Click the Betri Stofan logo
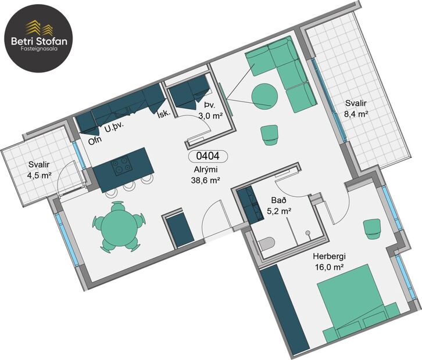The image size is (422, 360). click(x=38, y=37)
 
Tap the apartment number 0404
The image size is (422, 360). click(x=208, y=156)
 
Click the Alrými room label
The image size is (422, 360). click(x=206, y=170)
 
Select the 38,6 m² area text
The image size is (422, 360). click(x=206, y=180)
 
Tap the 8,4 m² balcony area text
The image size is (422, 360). click(x=356, y=114)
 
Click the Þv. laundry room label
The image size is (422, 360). click(x=210, y=106)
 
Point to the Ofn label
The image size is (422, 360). click(x=95, y=140)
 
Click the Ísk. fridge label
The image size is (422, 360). click(x=163, y=114)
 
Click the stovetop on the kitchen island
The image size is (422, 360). click(x=121, y=167)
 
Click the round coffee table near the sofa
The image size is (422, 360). click(x=264, y=96)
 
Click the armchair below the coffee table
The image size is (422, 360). click(x=270, y=134)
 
